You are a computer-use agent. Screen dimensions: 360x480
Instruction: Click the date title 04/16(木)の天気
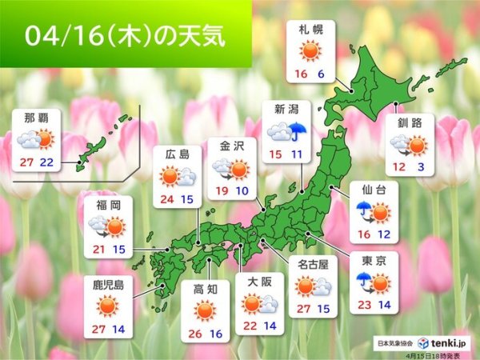point(124,37)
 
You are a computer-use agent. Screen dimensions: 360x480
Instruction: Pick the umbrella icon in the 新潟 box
point(299,130)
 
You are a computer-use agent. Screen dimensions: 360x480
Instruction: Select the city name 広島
point(176,154)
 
